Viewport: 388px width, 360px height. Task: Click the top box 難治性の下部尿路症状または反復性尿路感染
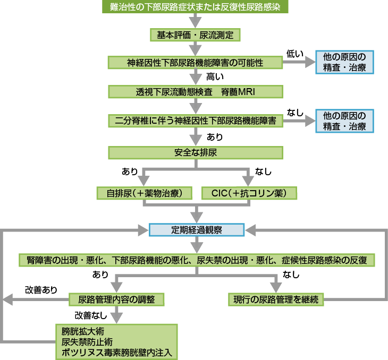(x=195, y=7)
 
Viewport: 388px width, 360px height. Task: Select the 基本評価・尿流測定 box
(x=196, y=35)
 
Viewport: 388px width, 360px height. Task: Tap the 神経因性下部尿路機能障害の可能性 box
(x=195, y=63)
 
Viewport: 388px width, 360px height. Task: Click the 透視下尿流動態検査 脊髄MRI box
(x=195, y=91)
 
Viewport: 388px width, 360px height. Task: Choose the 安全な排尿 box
(x=195, y=153)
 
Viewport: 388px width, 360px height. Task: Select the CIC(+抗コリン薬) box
(x=249, y=193)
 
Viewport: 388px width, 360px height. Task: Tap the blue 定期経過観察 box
(x=196, y=230)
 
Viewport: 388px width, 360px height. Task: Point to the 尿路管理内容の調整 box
(x=117, y=299)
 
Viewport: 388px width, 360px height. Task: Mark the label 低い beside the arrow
(x=294, y=53)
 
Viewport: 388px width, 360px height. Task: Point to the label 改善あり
(x=41, y=290)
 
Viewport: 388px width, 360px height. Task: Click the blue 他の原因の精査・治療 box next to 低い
(x=344, y=63)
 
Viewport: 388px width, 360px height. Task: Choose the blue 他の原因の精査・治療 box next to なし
(x=344, y=121)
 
